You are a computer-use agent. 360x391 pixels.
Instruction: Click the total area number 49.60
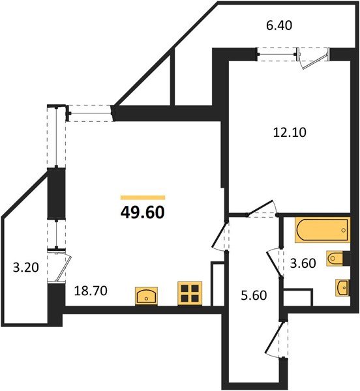(x=143, y=212)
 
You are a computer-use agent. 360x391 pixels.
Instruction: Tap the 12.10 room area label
(x=289, y=132)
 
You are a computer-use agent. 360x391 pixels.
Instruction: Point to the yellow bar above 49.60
(x=143, y=197)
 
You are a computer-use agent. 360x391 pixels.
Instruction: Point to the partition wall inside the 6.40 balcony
(x=172, y=78)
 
